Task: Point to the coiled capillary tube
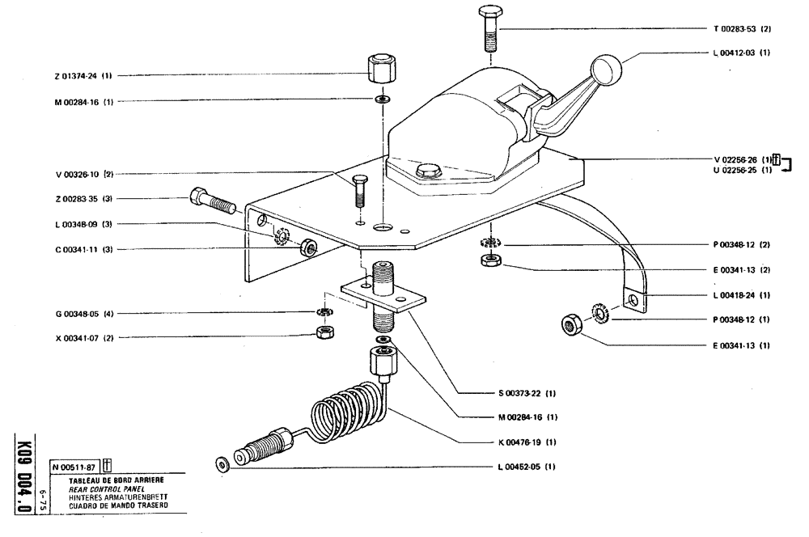tap(348, 417)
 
